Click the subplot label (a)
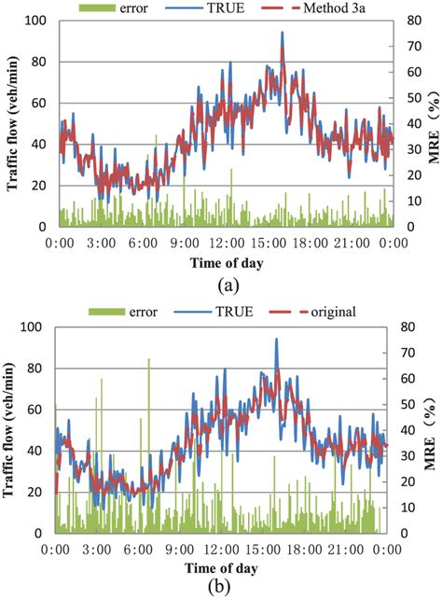(222, 282)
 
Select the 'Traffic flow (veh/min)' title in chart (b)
(13, 429)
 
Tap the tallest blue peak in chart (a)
(282, 33)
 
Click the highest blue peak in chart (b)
(276, 340)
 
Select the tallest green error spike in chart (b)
(148, 359)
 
